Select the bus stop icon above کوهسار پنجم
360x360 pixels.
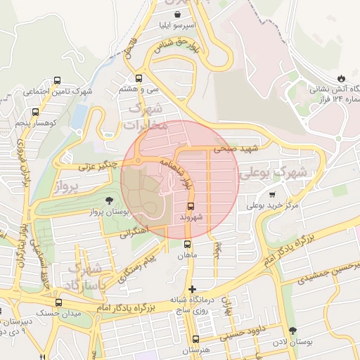coord(36,112)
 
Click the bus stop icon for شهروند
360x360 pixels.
coord(191,206)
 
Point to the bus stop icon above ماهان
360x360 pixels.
coord(187,245)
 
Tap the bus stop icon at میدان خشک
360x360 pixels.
coord(58,303)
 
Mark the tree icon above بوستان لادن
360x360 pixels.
coord(292,330)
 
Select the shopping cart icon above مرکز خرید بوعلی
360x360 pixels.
coord(272,195)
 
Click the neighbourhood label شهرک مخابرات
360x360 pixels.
coord(146,117)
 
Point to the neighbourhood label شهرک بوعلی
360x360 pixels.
coord(274,172)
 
